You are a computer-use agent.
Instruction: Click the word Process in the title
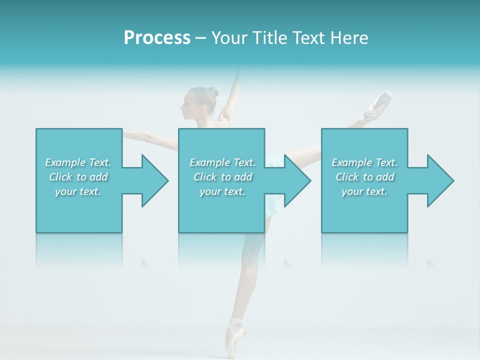[x=157, y=38]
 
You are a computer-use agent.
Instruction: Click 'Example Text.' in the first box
[x=78, y=162]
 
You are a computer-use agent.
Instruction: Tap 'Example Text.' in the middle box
[x=222, y=162]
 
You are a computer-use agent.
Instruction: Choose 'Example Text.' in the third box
[x=364, y=162]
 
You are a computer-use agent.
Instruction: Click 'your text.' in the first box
[x=78, y=191]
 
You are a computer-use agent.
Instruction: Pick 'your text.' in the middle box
[x=222, y=191]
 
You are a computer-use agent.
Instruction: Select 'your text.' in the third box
[x=364, y=191]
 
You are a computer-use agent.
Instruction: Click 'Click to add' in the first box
[x=78, y=177]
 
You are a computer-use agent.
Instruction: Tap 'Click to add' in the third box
[x=364, y=177]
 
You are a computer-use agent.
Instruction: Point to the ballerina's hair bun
[x=213, y=92]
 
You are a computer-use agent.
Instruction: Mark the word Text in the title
[x=308, y=38]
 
